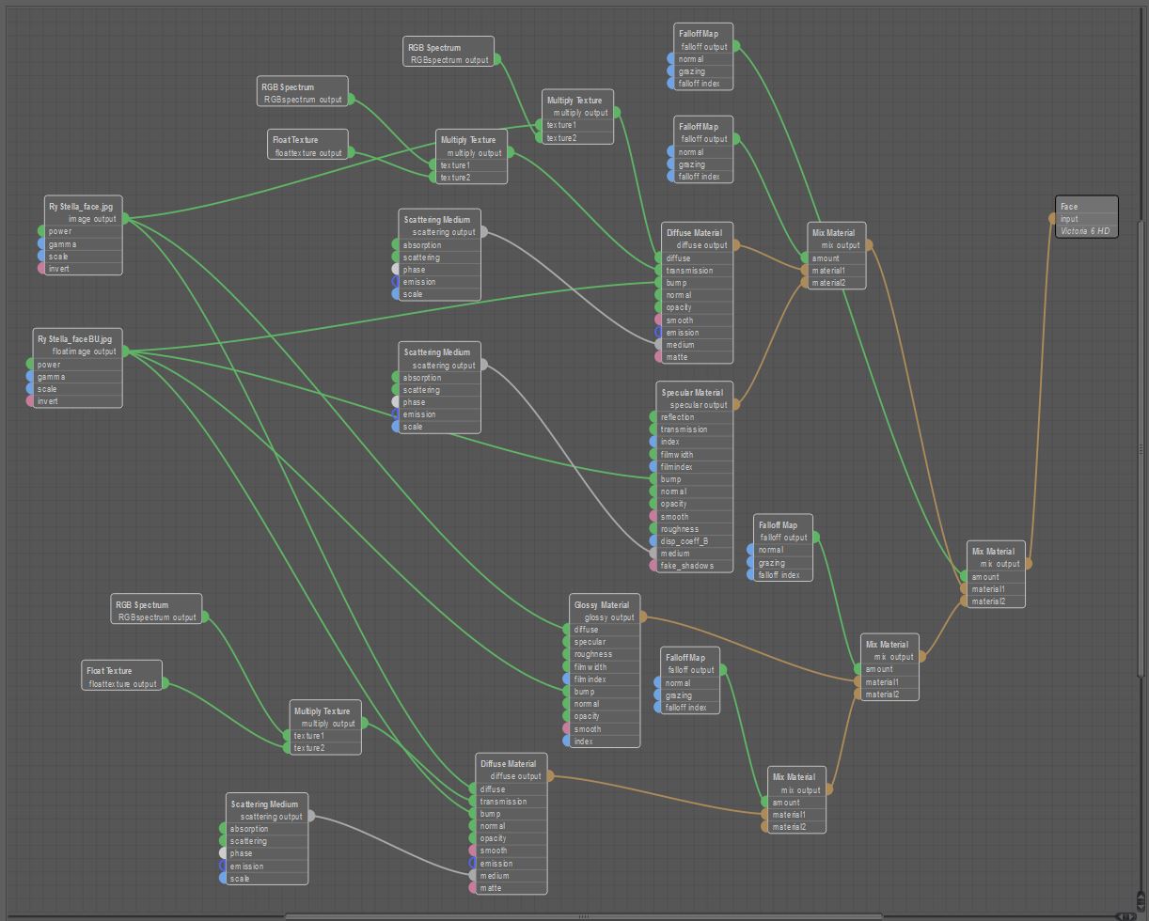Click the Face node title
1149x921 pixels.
tap(1069, 207)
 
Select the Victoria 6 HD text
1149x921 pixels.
tap(1084, 231)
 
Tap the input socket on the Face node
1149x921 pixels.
tap(1053, 219)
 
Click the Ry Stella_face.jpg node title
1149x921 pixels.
tap(80, 207)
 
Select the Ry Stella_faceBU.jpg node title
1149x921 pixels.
tap(74, 339)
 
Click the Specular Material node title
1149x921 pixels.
tap(692, 393)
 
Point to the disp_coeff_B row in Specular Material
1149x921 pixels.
tap(685, 541)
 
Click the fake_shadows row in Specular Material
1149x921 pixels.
tap(687, 566)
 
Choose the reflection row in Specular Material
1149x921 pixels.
tap(678, 417)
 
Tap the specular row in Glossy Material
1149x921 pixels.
tap(590, 642)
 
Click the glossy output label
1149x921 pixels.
tap(609, 617)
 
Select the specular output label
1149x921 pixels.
tap(699, 405)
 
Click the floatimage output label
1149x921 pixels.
tap(84, 351)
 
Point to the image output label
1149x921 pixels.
tap(92, 219)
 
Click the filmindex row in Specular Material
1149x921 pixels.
tap(677, 467)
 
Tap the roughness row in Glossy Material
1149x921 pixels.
tap(593, 654)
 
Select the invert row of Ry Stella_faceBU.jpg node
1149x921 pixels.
tap(48, 401)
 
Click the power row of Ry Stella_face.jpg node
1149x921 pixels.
tap(60, 231)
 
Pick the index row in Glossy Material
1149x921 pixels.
tap(584, 741)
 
